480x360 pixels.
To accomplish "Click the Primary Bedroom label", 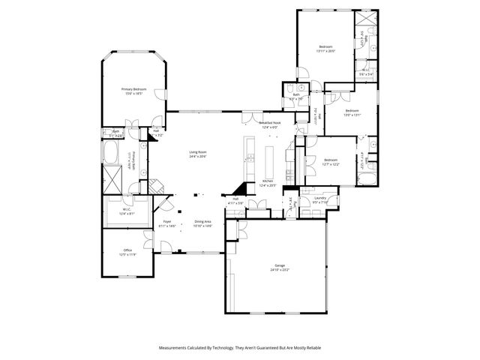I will tap(133, 88).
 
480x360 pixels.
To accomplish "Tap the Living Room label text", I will tap(197, 152).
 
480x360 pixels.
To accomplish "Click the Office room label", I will tap(127, 250).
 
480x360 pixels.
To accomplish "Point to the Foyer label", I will tap(168, 222).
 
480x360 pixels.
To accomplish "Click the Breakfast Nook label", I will tap(270, 122).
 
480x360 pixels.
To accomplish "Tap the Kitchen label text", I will tap(267, 181).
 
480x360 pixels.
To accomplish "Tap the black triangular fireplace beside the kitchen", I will tap(240, 188).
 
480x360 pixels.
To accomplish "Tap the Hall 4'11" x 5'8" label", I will tap(235, 200).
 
